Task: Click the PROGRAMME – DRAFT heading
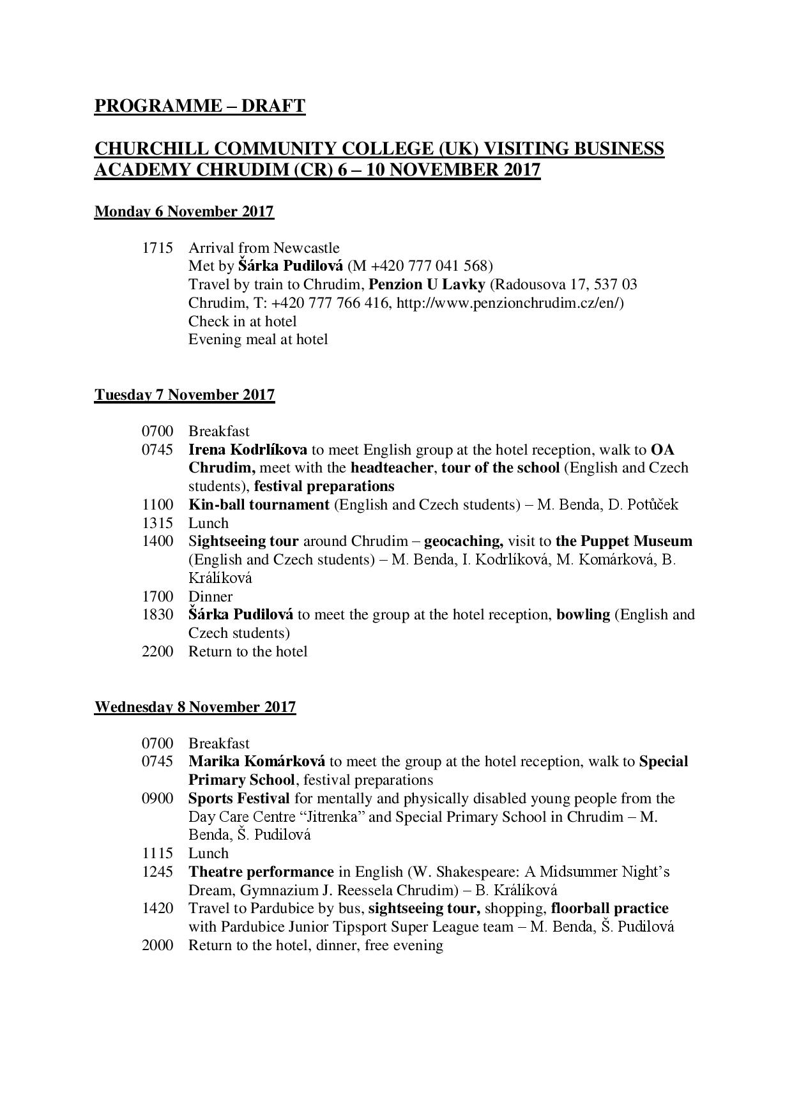pyautogui.click(x=199, y=105)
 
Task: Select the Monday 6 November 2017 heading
pyautogui.click(x=184, y=211)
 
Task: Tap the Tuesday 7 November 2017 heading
pyautogui.click(x=185, y=395)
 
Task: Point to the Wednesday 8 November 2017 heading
pyautogui.click(x=195, y=707)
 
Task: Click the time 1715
pyautogui.click(x=157, y=248)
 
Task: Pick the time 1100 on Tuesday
pyautogui.click(x=157, y=504)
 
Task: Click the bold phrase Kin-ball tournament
pyautogui.click(x=259, y=504)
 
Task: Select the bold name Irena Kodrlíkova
pyautogui.click(x=248, y=450)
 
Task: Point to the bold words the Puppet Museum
pyautogui.click(x=624, y=541)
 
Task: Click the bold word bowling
pyautogui.click(x=583, y=615)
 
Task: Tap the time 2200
pyautogui.click(x=157, y=651)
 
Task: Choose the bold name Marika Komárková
pyautogui.click(x=257, y=762)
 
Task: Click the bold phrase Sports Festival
pyautogui.click(x=239, y=798)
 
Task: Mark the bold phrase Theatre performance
pyautogui.click(x=261, y=872)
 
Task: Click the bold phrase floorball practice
pyautogui.click(x=609, y=908)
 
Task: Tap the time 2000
pyautogui.click(x=157, y=945)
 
